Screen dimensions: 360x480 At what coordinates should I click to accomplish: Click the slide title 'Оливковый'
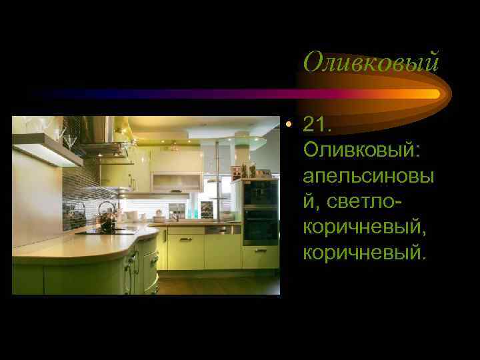click(371, 63)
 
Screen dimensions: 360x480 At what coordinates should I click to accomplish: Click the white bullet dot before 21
click(287, 125)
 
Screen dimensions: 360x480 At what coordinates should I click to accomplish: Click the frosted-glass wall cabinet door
click(176, 182)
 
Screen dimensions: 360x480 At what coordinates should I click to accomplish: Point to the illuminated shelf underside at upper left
click(47, 151)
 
